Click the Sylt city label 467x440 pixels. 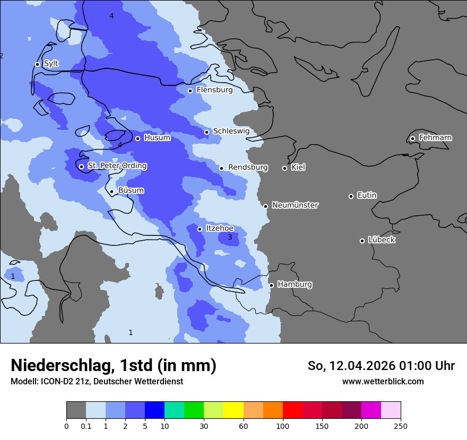(x=51, y=64)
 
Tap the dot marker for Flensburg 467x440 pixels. (x=190, y=91)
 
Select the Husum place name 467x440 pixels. (x=157, y=138)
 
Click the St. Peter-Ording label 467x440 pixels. (x=117, y=166)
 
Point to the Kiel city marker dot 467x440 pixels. (x=284, y=168)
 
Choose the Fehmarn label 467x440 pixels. (x=435, y=138)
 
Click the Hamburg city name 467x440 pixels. (x=295, y=285)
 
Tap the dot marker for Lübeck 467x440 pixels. (x=362, y=241)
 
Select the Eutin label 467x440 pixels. (x=367, y=196)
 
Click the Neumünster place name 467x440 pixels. (x=295, y=205)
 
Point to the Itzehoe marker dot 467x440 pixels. (x=200, y=229)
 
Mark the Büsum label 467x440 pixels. (x=131, y=191)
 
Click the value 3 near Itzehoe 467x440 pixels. (x=230, y=237)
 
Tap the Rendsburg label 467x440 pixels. (x=248, y=168)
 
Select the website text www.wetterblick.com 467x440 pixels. (x=383, y=381)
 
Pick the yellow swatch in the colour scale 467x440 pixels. (x=233, y=410)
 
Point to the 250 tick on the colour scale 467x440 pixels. (x=401, y=426)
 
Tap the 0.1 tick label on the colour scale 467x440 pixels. (x=85, y=426)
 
